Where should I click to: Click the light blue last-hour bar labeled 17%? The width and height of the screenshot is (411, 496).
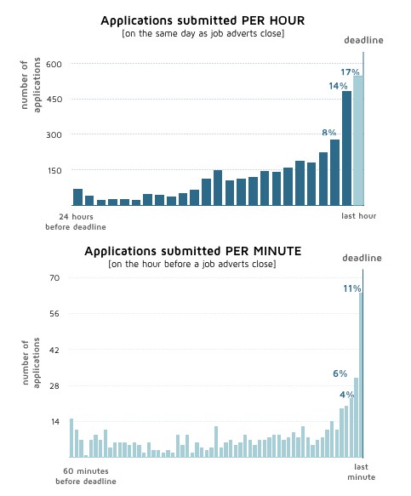click(x=358, y=140)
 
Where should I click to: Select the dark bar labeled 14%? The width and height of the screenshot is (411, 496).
click(x=346, y=148)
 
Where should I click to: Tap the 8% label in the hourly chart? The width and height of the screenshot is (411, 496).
click(x=329, y=132)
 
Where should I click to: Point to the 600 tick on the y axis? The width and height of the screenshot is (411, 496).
click(x=54, y=64)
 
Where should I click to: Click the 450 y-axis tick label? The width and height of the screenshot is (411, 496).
click(x=54, y=100)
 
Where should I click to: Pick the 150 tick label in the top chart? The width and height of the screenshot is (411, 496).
click(x=54, y=171)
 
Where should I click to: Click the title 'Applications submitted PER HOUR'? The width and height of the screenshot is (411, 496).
click(x=203, y=21)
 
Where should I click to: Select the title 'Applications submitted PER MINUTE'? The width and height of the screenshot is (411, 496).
click(x=193, y=251)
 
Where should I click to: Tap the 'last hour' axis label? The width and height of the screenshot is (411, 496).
click(x=359, y=216)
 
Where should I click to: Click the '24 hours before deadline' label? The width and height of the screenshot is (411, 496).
click(x=76, y=222)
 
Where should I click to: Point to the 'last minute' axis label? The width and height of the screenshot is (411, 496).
click(x=362, y=472)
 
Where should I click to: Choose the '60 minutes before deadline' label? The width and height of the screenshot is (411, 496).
click(x=86, y=476)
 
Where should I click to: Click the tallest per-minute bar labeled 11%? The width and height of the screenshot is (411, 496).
click(x=361, y=375)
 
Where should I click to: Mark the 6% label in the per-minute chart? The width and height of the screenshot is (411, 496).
click(x=340, y=373)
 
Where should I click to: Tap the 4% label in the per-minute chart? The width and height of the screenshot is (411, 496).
click(x=347, y=395)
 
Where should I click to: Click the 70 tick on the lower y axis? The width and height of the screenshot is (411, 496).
click(x=54, y=278)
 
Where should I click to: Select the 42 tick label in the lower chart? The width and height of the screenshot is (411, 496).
click(x=54, y=351)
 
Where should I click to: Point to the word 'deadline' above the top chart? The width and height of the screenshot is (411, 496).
click(x=363, y=40)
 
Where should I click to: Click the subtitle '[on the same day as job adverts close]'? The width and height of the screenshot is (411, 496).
click(x=203, y=33)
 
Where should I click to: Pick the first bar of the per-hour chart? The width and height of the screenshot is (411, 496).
click(x=77, y=197)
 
